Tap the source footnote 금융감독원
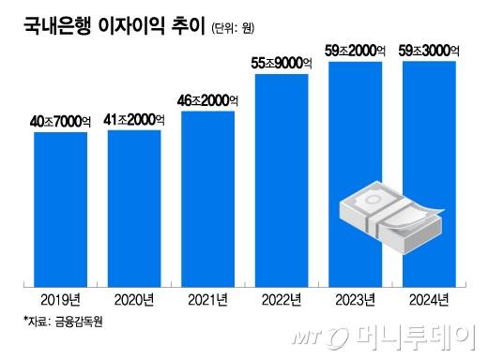65,322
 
